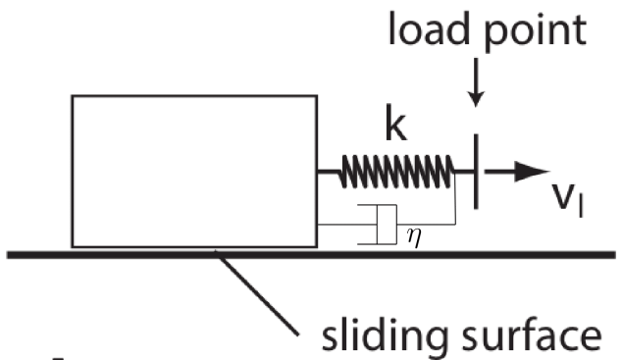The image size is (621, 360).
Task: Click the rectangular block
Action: pos(193,171)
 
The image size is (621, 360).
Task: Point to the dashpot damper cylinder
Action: pos(377,224)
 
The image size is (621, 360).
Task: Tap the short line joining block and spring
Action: pos(328,173)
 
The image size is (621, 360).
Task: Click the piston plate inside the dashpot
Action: pos(379,224)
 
